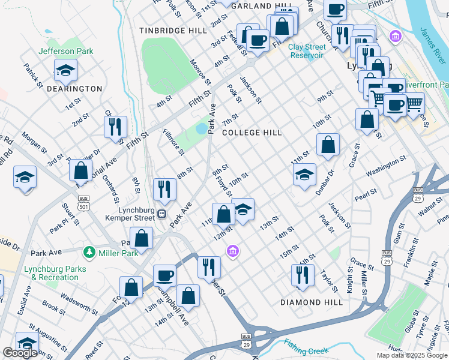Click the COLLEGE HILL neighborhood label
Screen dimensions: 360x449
pos(252,133)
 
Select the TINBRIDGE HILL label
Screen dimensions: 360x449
pos(164,30)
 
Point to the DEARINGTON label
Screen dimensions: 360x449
pos(75,89)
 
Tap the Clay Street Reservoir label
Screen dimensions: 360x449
pos(298,51)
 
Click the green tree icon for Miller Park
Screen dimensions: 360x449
pos(89,252)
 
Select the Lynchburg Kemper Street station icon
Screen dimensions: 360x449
pos(161,213)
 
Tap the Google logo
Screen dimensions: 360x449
pos(20,353)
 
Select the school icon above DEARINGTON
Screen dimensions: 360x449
pos(65,71)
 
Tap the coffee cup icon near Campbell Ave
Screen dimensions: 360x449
pos(164,275)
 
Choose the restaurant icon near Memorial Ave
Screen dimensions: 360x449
pos(115,127)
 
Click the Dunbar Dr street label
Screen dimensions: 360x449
pos(325,182)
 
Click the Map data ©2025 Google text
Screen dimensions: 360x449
pos(412,355)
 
